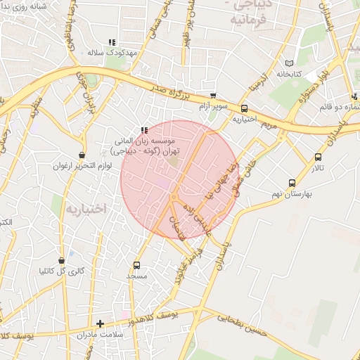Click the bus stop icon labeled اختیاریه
244,108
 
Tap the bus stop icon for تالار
319,157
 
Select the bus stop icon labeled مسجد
136,265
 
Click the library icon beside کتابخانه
289,63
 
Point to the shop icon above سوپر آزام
213,96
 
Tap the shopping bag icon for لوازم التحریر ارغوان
82,155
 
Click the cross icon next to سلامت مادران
101,324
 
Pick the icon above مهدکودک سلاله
112,42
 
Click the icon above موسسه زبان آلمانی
144,130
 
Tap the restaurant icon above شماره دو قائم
354,97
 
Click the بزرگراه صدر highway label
174,89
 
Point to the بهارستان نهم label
290,192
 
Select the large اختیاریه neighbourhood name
86,209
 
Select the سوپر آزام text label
212,106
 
